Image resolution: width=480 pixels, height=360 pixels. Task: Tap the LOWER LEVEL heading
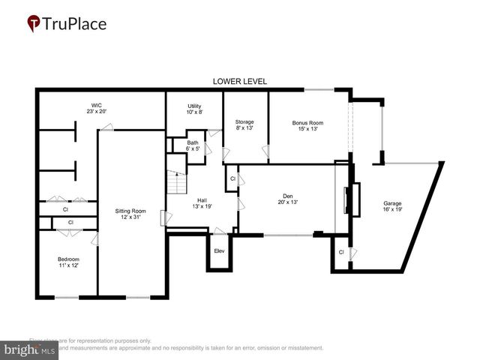(240, 81)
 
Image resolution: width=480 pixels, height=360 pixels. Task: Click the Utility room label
(194, 106)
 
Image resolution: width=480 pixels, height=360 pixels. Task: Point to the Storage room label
(244, 121)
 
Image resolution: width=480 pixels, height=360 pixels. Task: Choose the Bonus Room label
(307, 121)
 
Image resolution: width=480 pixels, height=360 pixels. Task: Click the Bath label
(193, 142)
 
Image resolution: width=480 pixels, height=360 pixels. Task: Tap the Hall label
(202, 199)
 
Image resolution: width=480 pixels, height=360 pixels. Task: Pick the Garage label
(392, 203)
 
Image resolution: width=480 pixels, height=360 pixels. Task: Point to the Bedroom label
(68, 259)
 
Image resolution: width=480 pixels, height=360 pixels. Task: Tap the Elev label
(220, 250)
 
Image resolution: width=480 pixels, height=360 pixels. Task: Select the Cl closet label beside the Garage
(341, 252)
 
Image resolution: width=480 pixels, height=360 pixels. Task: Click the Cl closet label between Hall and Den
(232, 179)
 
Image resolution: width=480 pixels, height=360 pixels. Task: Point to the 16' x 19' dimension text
(392, 209)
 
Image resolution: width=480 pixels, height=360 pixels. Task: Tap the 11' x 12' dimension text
(68, 265)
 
